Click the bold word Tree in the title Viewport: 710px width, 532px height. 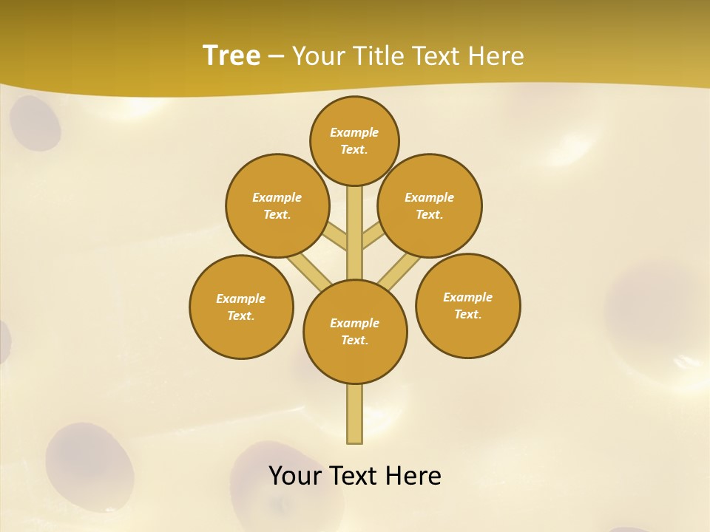coord(231,55)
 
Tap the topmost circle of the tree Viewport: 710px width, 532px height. coord(354,140)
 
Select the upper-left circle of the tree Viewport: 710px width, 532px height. coord(277,205)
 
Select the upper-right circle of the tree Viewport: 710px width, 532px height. coord(430,205)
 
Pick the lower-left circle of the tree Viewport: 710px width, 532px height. coord(241,307)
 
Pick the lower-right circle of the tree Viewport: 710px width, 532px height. coord(468,305)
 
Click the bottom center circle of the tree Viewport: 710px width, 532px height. coord(355,332)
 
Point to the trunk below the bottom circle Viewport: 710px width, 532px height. coord(355,414)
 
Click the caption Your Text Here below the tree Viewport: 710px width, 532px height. coord(355,475)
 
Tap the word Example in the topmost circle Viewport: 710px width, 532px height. coord(354,132)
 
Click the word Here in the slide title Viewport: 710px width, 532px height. coord(496,55)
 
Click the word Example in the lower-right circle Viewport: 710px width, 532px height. coord(467,297)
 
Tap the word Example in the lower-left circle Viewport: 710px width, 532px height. coord(240,299)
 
